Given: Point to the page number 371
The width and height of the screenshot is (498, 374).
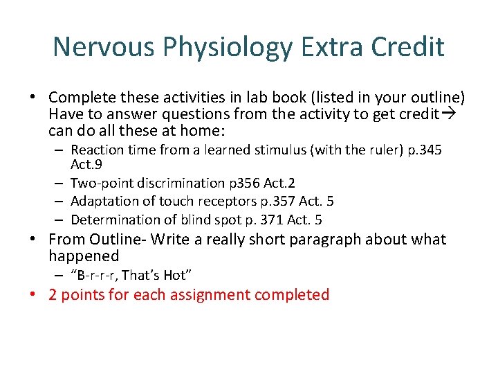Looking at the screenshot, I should coord(267,220).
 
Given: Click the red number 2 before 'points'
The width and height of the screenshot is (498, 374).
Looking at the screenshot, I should coord(53,295).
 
